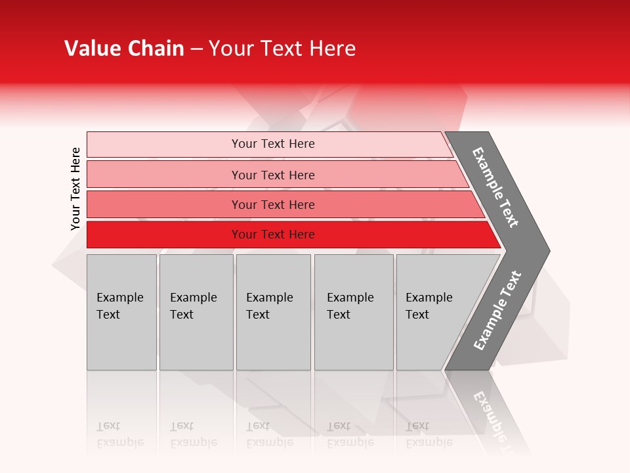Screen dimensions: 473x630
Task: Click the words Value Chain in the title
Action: pyautogui.click(x=124, y=49)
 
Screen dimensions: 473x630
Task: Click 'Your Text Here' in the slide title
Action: pyautogui.click(x=282, y=49)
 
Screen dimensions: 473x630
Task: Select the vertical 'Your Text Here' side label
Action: pyautogui.click(x=75, y=189)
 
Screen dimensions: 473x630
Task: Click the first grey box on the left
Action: pyautogui.click(x=121, y=328)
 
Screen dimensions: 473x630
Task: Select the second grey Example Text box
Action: pyautogui.click(x=196, y=328)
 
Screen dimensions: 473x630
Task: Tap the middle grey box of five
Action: pyautogui.click(x=273, y=328)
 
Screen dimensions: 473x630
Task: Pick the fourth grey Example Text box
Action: pyautogui.click(x=354, y=328)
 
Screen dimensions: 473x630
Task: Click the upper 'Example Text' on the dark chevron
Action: pyautogui.click(x=495, y=187)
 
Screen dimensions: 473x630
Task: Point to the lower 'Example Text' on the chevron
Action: pyautogui.click(x=497, y=311)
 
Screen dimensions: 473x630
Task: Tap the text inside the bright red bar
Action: pyautogui.click(x=273, y=235)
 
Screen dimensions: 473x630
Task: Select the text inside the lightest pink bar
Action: pyautogui.click(x=273, y=144)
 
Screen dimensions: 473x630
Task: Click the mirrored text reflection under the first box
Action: pyautogui.click(x=119, y=434)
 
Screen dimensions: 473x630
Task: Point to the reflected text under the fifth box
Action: pyautogui.click(x=429, y=434)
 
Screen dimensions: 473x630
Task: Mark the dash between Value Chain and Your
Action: pyautogui.click(x=196, y=49)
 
